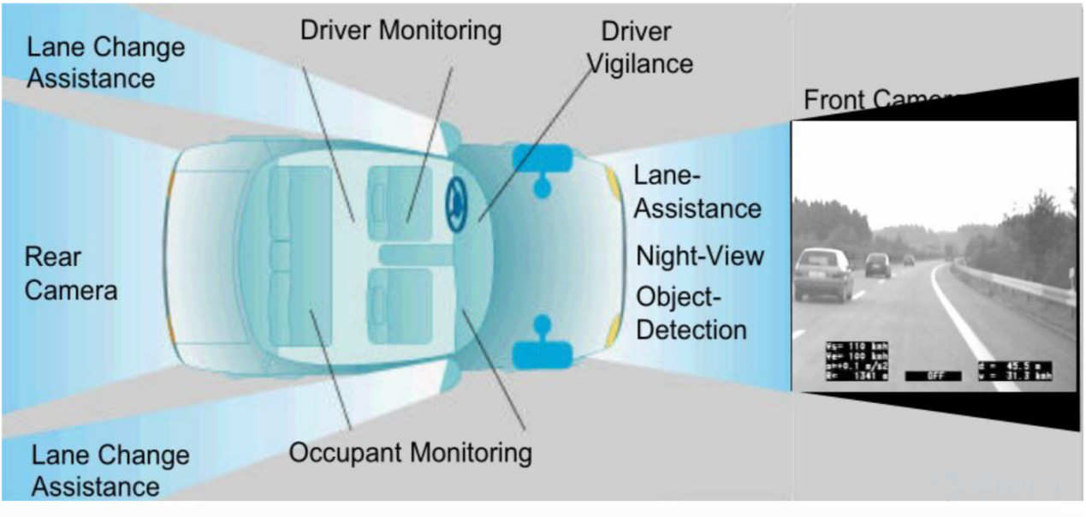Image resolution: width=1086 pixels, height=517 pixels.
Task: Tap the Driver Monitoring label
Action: click(x=400, y=31)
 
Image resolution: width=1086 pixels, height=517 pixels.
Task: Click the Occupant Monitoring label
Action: click(x=410, y=452)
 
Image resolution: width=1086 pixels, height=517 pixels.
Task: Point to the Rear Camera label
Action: click(x=70, y=273)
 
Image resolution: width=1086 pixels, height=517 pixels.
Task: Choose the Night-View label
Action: click(x=699, y=256)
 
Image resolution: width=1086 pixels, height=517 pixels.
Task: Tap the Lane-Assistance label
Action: click(x=697, y=192)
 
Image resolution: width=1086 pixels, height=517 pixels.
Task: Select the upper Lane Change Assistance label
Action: click(x=104, y=62)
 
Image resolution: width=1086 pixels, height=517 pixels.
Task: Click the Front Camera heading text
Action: click(x=881, y=100)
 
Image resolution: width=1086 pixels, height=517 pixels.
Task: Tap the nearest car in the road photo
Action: click(x=822, y=273)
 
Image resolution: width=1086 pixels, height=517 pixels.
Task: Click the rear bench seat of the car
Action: click(x=300, y=256)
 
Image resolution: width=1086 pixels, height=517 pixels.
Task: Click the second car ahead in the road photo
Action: click(x=877, y=264)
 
